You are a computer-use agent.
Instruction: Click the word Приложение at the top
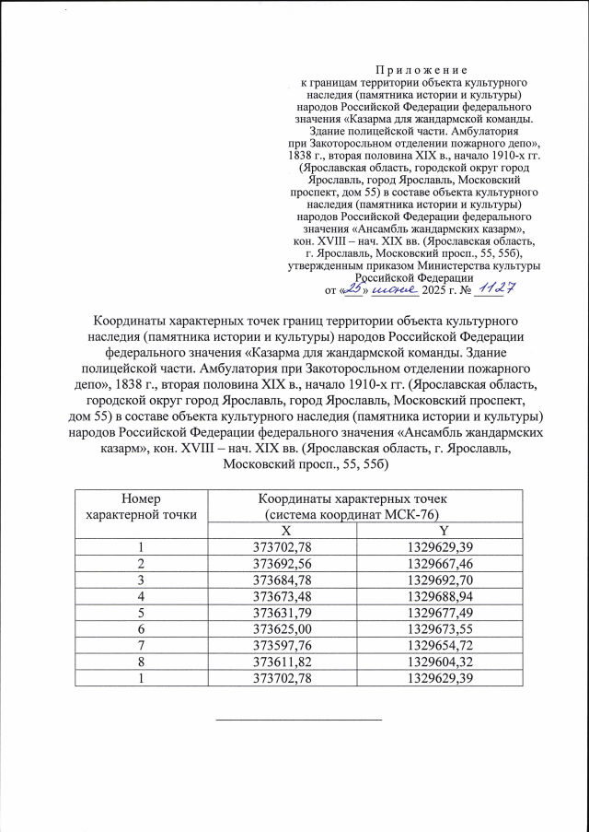(422, 70)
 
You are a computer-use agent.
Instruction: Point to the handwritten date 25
(352, 289)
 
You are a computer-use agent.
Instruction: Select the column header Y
(445, 531)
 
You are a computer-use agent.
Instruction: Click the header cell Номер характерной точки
(141, 505)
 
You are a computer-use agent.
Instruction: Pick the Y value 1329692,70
(445, 580)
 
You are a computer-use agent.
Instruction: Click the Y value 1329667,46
(445, 563)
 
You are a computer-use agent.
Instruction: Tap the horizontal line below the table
(297, 719)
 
